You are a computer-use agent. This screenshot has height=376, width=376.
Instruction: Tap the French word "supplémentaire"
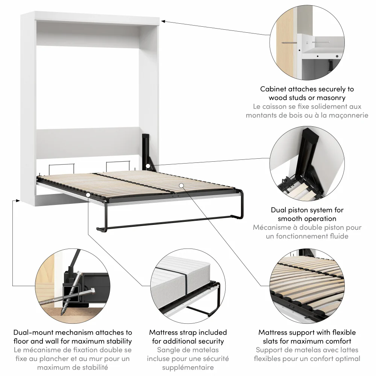point(188,367)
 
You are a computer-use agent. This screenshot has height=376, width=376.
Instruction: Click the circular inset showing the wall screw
point(307,42)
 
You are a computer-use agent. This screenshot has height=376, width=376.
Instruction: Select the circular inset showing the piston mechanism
point(307,164)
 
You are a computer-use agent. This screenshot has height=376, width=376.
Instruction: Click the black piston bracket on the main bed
point(145,149)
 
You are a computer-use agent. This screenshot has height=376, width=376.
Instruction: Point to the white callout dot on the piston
point(148,165)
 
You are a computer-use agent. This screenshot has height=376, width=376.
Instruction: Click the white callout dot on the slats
point(181,185)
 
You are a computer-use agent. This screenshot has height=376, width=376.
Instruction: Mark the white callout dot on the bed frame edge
point(88,195)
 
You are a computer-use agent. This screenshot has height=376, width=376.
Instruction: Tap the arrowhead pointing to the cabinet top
point(165,21)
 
